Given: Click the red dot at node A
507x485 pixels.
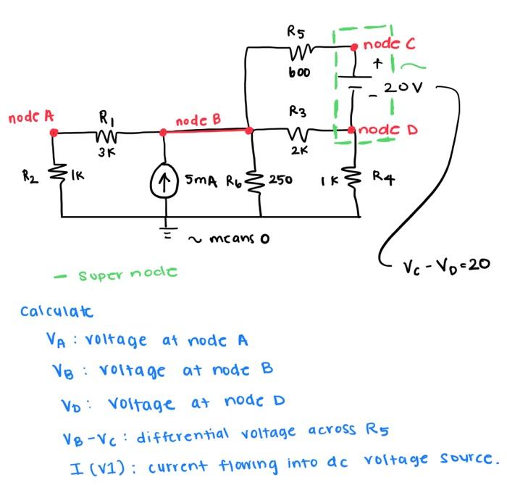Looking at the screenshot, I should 54,132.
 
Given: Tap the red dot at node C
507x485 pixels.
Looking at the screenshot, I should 353,46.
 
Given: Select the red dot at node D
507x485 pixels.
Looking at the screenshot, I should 353,130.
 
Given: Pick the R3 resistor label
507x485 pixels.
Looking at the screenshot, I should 298,112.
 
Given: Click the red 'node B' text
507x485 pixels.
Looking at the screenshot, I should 197,120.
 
